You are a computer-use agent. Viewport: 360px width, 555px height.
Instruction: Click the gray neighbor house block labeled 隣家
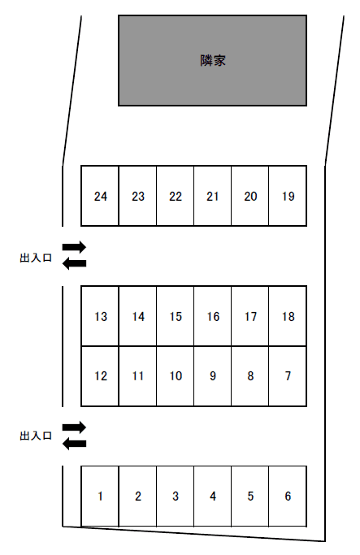coord(212,60)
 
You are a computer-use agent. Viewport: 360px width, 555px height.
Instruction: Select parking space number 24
coord(100,196)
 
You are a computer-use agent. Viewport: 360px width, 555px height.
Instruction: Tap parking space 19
coord(288,196)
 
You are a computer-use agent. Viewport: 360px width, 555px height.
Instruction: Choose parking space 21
coord(213,196)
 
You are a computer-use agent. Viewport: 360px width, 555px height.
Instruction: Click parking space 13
coord(100,316)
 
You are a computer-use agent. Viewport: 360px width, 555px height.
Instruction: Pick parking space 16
coord(213,316)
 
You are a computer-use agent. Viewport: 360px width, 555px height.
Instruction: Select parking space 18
coord(288,316)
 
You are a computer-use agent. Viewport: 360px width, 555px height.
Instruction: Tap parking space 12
coord(100,376)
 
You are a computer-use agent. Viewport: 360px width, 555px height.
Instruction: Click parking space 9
coord(213,376)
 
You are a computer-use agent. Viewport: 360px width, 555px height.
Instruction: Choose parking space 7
coord(288,376)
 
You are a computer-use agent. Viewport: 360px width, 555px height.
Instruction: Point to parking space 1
coord(100,496)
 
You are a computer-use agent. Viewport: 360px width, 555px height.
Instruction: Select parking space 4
coord(213,496)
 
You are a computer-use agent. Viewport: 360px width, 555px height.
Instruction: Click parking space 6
coord(288,496)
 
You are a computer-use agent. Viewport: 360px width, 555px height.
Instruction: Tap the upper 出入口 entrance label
coord(36,258)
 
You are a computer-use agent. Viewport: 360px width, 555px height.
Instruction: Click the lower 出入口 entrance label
coord(36,436)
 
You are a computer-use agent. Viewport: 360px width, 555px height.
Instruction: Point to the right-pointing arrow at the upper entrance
coord(74,247)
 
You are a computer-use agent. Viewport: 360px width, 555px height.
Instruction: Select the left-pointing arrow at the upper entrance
coord(74,263)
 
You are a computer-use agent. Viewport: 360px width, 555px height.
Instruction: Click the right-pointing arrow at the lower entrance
coord(74,427)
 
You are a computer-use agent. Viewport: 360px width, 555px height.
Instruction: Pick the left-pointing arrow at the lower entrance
coord(74,444)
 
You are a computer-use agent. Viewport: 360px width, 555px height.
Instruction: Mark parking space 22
coord(176,196)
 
